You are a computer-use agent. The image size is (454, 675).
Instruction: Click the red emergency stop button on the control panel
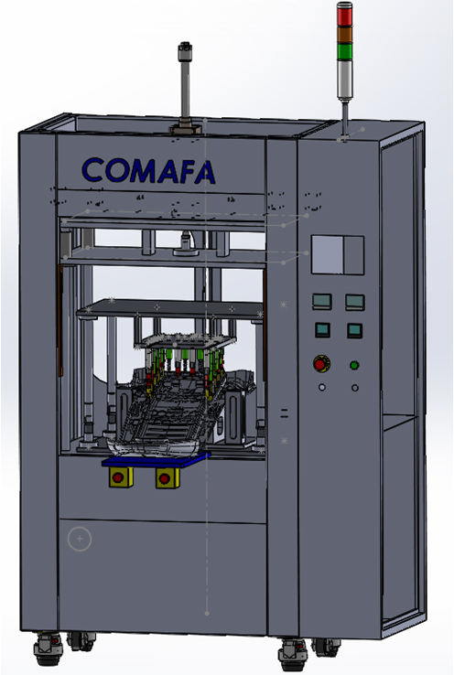click(320, 364)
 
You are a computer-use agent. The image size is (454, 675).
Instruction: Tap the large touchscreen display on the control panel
click(338, 254)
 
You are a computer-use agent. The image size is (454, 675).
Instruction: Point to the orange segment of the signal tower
click(344, 35)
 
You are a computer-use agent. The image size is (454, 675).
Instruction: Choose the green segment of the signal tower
click(344, 51)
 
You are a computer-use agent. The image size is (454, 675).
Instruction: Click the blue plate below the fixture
click(157, 461)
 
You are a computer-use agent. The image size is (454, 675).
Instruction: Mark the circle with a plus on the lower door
click(80, 539)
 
